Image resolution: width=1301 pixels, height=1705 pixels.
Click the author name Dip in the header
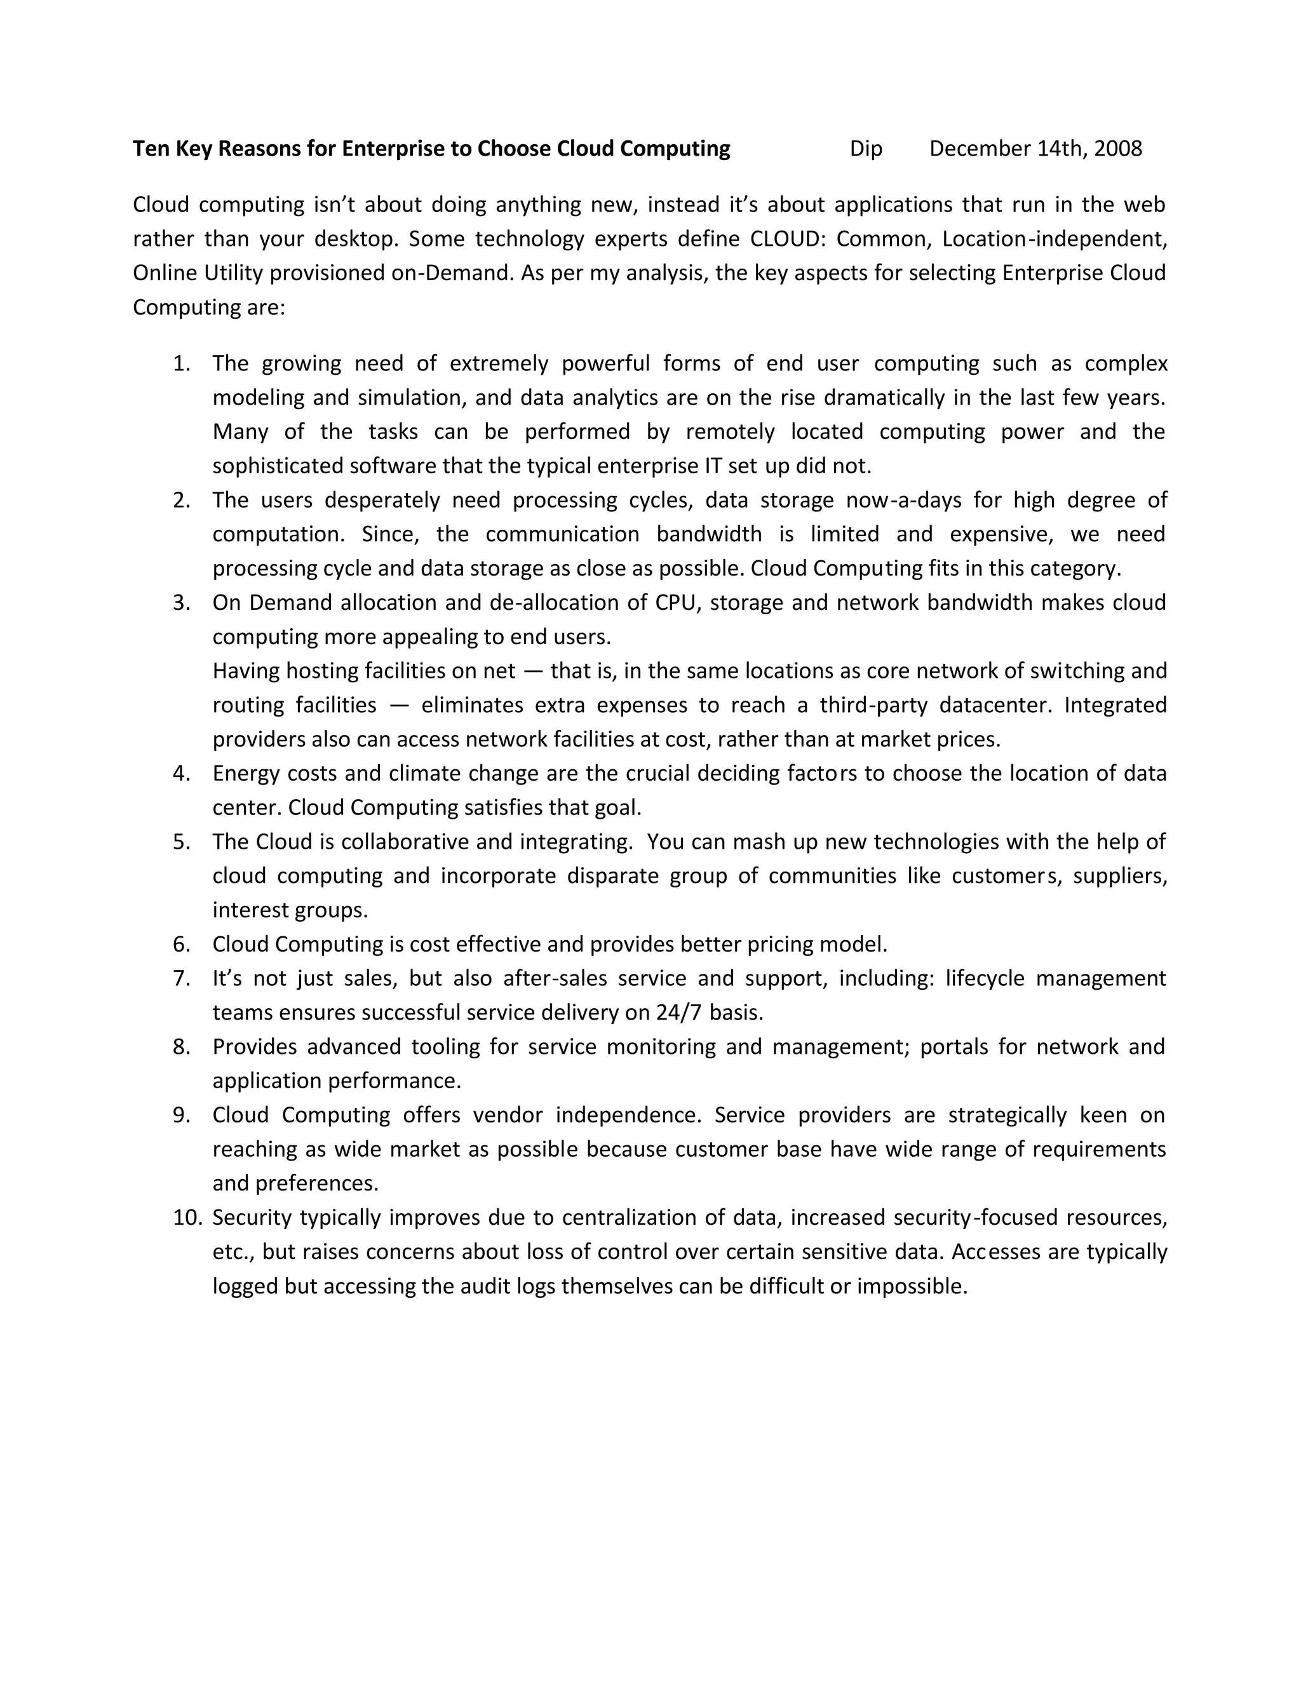click(x=866, y=149)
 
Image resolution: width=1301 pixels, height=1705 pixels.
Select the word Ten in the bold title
click(x=150, y=149)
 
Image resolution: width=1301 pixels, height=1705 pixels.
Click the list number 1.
click(x=181, y=363)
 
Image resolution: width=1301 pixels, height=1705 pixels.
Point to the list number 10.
click(x=187, y=1217)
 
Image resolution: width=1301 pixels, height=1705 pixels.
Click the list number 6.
click(x=181, y=944)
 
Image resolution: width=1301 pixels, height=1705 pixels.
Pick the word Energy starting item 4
click(x=245, y=774)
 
